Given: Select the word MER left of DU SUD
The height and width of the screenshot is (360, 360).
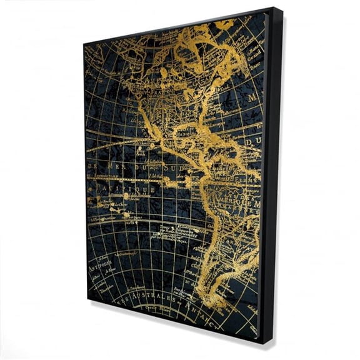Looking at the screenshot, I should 122,166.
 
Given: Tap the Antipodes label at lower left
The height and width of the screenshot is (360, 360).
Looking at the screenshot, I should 101,264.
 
